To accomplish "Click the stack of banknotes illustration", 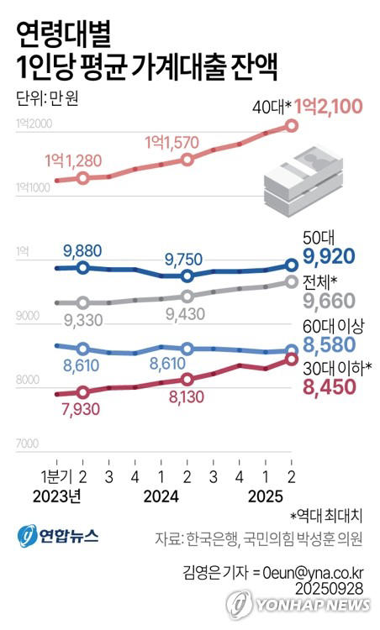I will click(303, 177).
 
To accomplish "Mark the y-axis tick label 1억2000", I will click(34, 124).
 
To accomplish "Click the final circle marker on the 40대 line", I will click(291, 125).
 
